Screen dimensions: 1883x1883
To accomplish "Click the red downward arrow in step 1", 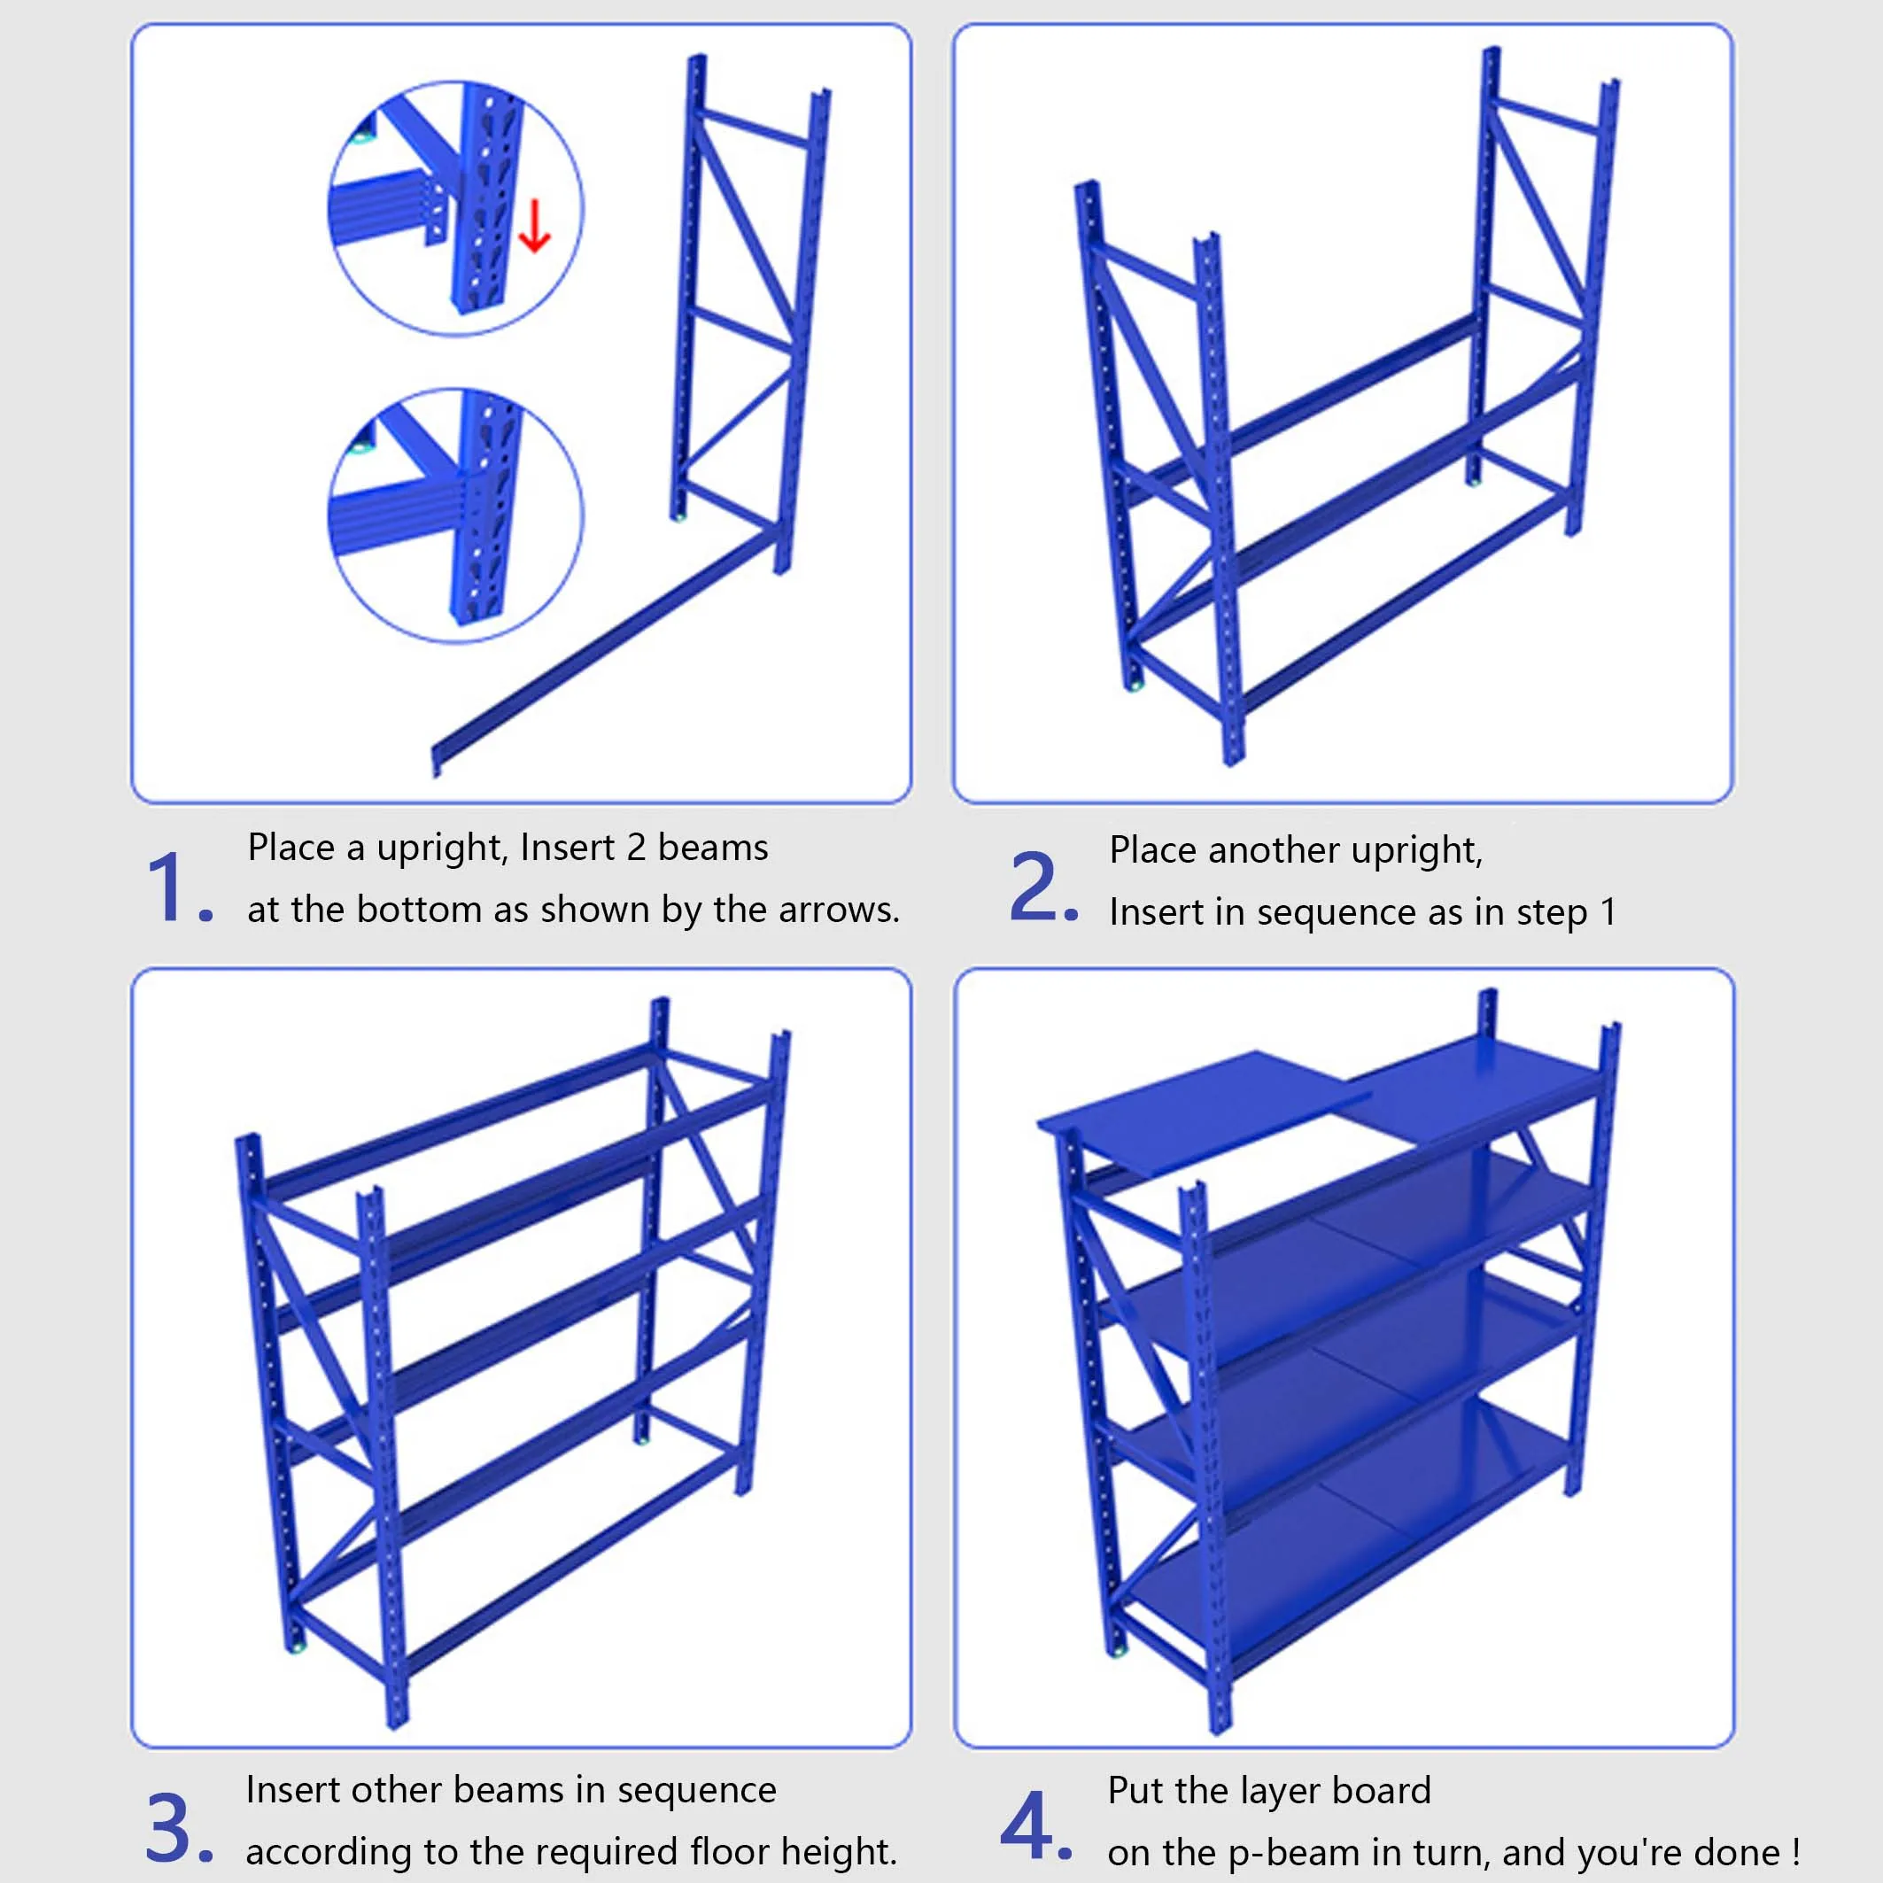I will [x=534, y=226].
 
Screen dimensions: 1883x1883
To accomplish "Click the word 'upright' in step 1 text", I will [x=440, y=849].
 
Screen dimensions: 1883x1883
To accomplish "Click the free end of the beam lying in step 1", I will [x=438, y=758].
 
